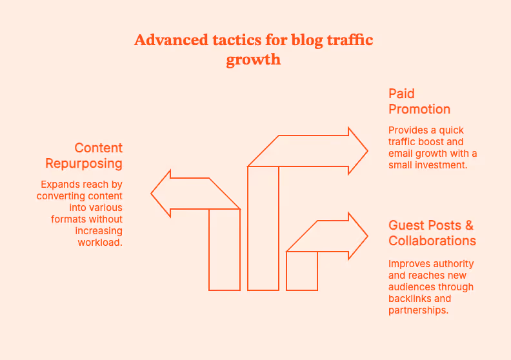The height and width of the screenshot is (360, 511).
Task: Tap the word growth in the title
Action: [x=254, y=59]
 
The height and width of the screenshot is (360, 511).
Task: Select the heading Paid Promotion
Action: [x=419, y=101]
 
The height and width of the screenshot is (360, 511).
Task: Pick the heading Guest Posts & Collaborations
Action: [x=432, y=233]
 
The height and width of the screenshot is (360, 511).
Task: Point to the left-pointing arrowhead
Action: [x=161, y=193]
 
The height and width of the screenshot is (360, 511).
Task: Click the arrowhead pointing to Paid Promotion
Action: [x=357, y=152]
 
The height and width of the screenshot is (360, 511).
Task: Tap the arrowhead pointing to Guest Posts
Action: [x=357, y=236]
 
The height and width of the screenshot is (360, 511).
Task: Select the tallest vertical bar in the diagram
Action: [x=263, y=228]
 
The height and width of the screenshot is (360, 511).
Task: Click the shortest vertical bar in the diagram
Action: [x=302, y=270]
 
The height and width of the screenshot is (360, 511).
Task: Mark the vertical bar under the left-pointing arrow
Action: [x=225, y=249]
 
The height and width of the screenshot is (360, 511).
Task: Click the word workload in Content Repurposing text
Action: [x=100, y=243]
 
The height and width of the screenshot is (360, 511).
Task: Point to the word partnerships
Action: [x=418, y=310]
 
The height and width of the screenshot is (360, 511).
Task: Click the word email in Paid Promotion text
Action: [x=401, y=153]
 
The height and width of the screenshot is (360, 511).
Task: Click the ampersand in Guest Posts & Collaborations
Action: [x=469, y=225]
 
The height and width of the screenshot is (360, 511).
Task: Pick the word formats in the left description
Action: [x=67, y=219]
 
